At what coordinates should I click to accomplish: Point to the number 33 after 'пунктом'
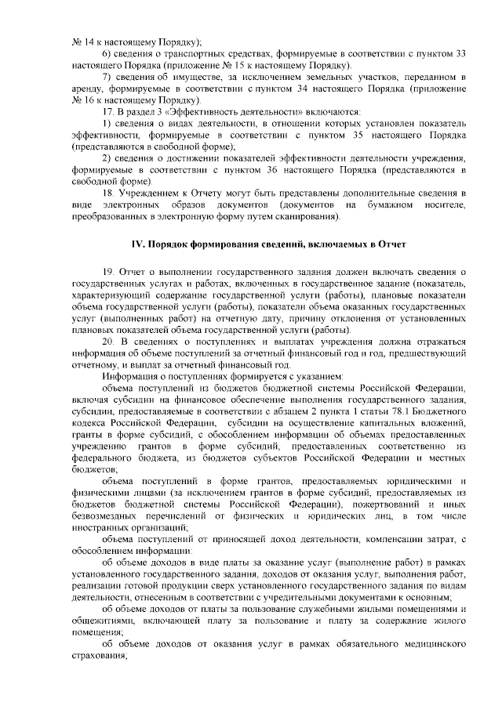coord(462,52)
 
